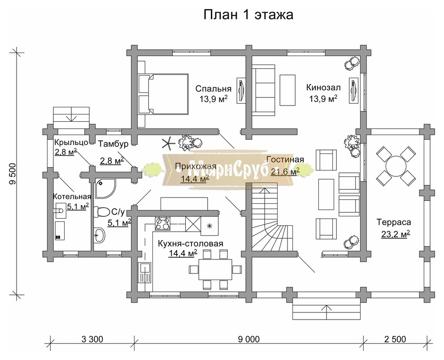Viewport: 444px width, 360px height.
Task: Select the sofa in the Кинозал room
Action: pyautogui.click(x=263, y=89)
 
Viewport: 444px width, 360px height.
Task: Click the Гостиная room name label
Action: pyautogui.click(x=285, y=160)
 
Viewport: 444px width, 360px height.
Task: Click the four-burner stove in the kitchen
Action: pyautogui.click(x=162, y=223)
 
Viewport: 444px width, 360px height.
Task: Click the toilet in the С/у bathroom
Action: pyautogui.click(x=103, y=211)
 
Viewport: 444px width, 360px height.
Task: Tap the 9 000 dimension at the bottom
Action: pyautogui.click(x=246, y=339)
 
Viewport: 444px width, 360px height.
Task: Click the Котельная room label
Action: pyautogui.click(x=72, y=196)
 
